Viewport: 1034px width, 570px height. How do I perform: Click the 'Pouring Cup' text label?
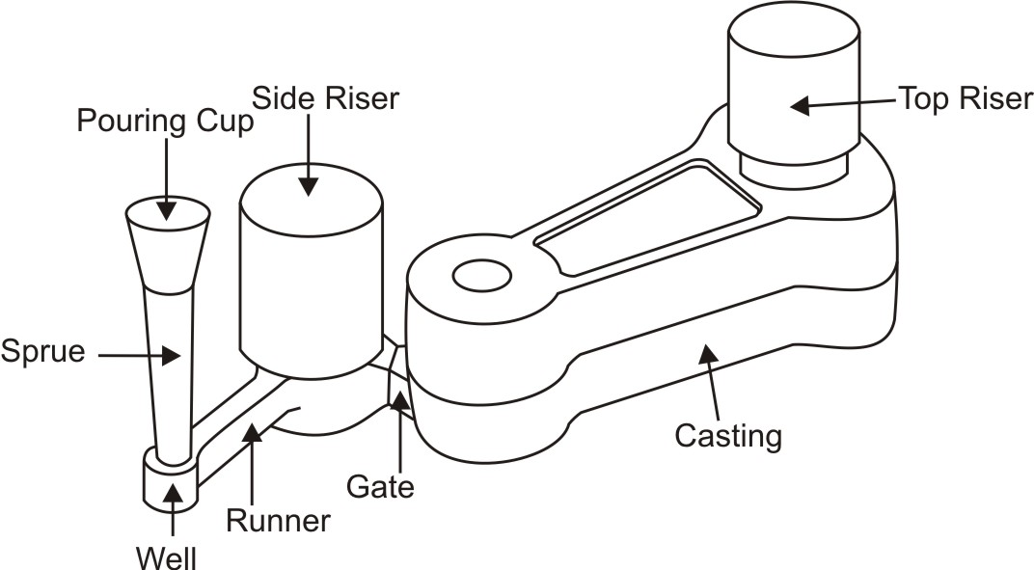[166, 122]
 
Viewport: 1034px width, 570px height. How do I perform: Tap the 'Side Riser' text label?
[324, 97]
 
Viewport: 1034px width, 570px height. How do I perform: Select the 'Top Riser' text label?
[965, 98]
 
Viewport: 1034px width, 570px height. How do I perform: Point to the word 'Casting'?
[728, 436]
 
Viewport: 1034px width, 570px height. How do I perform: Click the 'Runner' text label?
[278, 521]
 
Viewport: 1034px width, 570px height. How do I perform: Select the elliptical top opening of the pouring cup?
[169, 210]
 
